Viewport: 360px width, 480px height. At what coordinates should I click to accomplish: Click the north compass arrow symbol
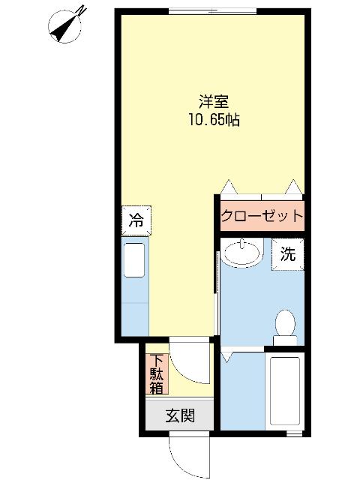(x=64, y=25)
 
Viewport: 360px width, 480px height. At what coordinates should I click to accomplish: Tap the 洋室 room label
(x=214, y=102)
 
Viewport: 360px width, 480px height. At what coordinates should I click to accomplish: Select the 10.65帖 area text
(x=214, y=119)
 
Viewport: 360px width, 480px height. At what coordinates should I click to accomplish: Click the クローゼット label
(x=262, y=216)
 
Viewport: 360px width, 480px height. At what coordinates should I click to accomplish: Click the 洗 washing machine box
(x=288, y=253)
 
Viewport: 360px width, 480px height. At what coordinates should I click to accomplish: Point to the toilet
(x=285, y=327)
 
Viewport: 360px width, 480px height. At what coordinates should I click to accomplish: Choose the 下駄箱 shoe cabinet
(x=156, y=373)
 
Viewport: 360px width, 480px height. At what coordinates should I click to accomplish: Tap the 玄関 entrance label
(x=180, y=415)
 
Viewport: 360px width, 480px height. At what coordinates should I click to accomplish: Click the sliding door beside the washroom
(x=217, y=292)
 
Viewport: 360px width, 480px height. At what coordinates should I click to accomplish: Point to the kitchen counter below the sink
(x=136, y=315)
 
